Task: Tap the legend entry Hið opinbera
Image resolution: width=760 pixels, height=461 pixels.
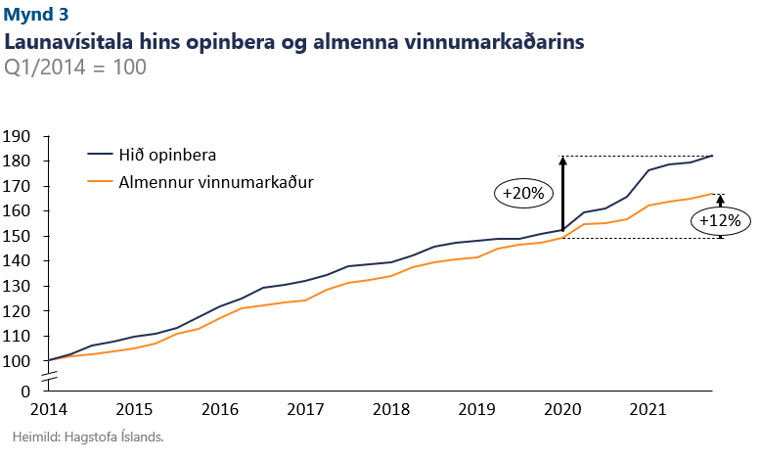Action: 173,155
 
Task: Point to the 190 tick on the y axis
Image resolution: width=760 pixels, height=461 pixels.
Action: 19,136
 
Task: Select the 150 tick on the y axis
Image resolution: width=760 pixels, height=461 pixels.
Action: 19,236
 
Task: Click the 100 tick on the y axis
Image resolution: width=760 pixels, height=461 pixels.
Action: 19,360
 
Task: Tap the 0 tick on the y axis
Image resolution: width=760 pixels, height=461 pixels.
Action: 27,391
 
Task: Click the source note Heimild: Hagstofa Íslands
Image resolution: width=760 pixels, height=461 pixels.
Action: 88,437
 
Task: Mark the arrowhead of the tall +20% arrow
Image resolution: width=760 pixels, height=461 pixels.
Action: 562,161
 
